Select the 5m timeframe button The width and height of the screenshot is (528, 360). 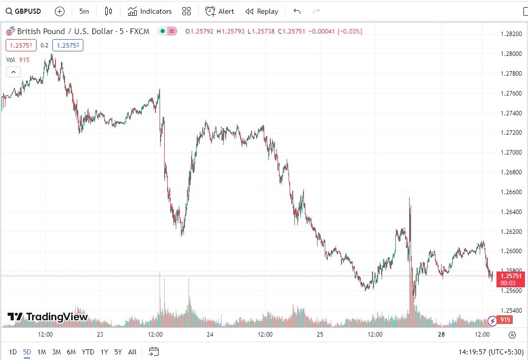(84, 11)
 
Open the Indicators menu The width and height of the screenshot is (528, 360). (149, 11)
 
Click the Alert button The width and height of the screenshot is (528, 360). (220, 11)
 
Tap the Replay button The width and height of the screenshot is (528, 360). (262, 11)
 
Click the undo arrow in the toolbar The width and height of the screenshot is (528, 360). (297, 11)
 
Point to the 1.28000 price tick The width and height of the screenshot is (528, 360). (511, 54)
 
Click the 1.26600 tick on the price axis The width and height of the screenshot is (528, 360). (511, 192)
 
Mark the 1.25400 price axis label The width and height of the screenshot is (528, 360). (511, 311)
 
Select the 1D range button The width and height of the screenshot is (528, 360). (13, 351)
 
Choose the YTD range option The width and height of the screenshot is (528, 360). (87, 351)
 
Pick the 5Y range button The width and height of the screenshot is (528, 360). (118, 351)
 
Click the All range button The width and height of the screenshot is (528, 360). (132, 351)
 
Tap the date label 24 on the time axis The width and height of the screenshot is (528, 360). (210, 335)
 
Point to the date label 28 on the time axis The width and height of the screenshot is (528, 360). (441, 335)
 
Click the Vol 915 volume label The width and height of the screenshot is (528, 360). (18, 59)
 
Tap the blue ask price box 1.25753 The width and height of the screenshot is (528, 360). (67, 45)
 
